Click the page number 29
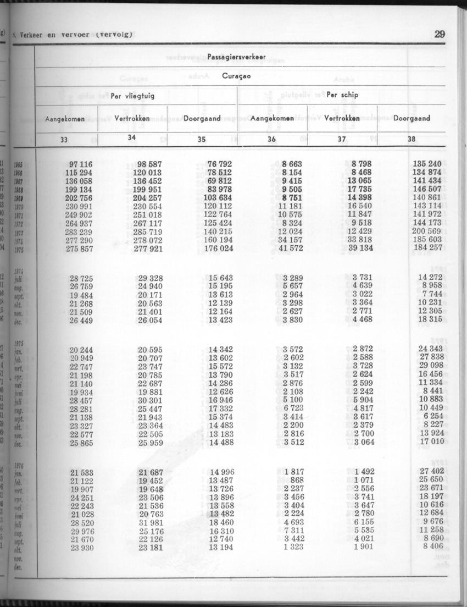[439, 34]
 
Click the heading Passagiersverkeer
[237, 57]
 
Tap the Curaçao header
[236, 76]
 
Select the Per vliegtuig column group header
[132, 96]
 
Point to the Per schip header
[342, 95]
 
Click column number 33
[64, 140]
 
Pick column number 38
[412, 139]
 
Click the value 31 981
[151, 522]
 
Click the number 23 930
[81, 547]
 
